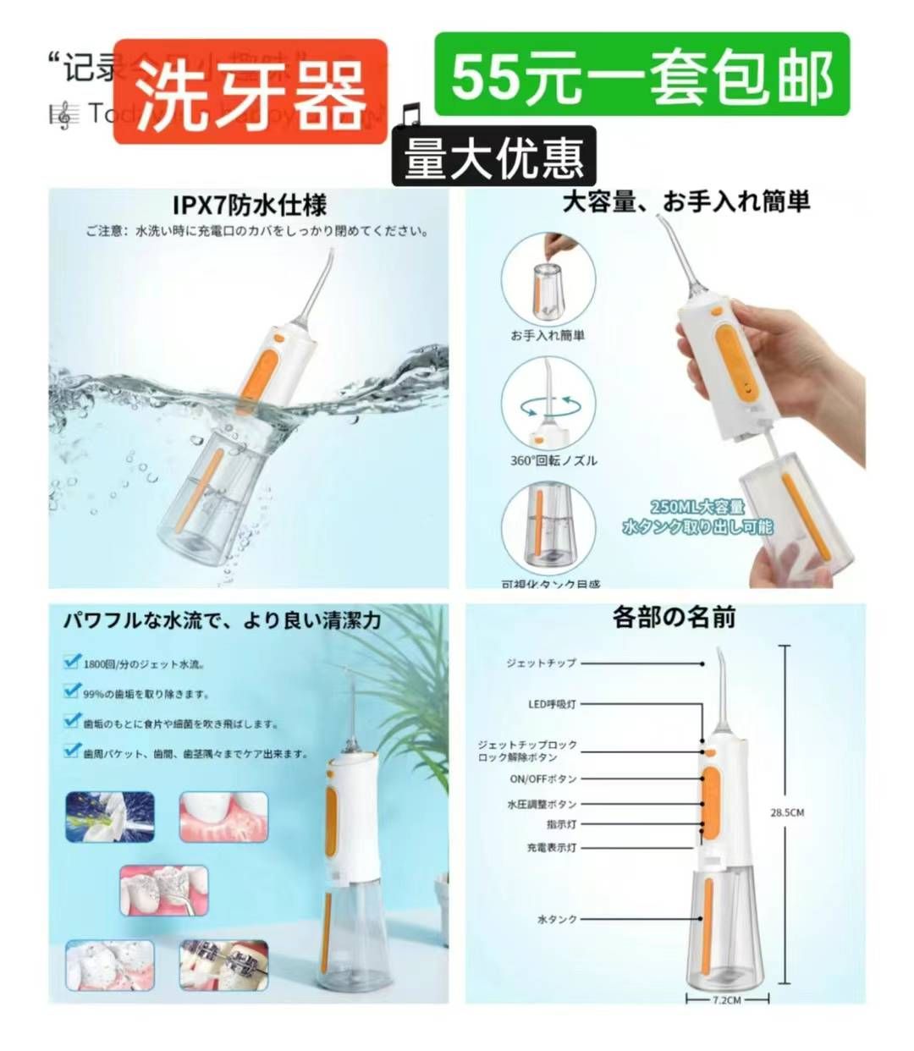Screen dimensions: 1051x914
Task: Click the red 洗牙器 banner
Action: [x=250, y=91]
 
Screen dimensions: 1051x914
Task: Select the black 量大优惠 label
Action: [x=493, y=157]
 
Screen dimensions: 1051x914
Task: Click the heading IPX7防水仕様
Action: [x=249, y=206]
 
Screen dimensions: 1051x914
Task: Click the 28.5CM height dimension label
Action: [x=786, y=812]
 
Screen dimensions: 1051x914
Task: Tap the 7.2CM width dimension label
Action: [x=726, y=1000]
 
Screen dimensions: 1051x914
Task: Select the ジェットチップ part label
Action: [x=540, y=663]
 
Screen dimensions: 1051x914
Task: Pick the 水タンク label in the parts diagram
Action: [x=556, y=918]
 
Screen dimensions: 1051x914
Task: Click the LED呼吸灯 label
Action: [x=552, y=704]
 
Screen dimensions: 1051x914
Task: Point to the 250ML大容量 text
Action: [x=697, y=507]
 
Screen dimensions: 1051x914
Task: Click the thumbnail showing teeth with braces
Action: [x=223, y=964]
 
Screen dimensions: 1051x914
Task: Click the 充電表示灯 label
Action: [x=550, y=847]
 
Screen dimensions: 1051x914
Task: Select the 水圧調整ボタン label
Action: [x=542, y=804]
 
